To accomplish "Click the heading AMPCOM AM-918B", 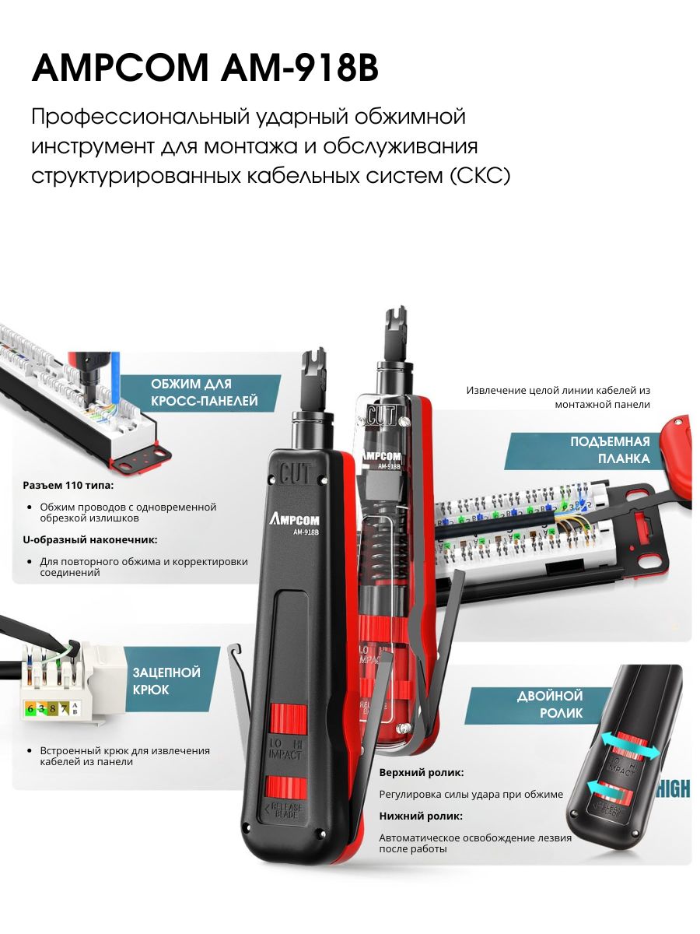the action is pyautogui.click(x=205, y=67).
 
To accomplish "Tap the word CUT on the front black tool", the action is pyautogui.click(x=296, y=471).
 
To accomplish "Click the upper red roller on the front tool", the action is pyautogui.click(x=289, y=718).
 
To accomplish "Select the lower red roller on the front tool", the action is pyautogui.click(x=286, y=786).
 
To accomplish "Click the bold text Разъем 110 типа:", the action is pyautogui.click(x=68, y=485).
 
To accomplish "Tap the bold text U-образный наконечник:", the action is pyautogui.click(x=90, y=539).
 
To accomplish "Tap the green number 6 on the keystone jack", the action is pyautogui.click(x=30, y=708).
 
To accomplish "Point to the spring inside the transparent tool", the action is pyautogui.click(x=379, y=550).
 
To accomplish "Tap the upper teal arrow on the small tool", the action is pyautogui.click(x=631, y=748).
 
